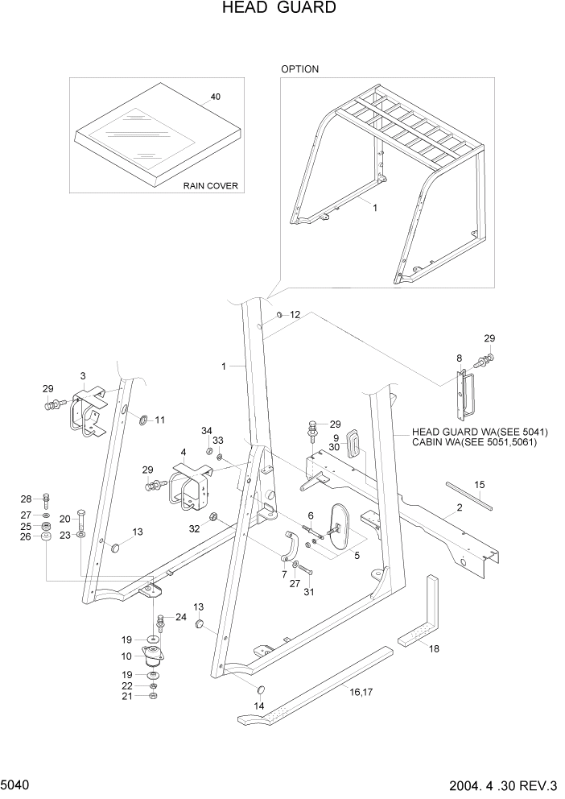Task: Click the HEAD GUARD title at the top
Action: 266,9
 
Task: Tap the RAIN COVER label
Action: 210,185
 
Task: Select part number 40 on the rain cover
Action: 215,97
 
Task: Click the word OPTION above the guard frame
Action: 299,69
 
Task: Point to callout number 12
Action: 295,315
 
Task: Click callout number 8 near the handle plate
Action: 459,358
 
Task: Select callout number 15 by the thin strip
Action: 479,485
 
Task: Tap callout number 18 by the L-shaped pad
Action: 434,648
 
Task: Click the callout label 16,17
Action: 361,690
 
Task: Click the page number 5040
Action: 14,784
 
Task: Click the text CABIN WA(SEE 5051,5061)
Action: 474,442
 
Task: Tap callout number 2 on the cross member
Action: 459,508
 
